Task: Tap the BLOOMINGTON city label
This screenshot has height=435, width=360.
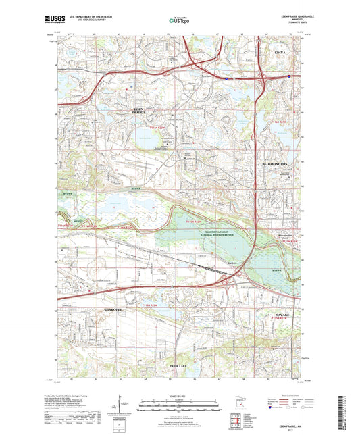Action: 276,164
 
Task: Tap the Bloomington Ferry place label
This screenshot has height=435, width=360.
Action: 270,237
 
